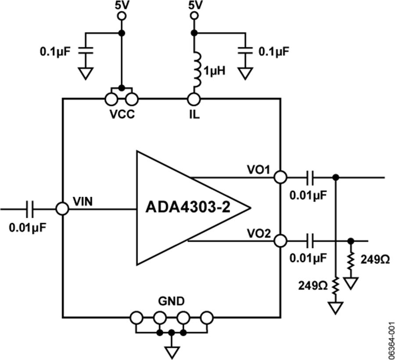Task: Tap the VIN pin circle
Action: [63, 209]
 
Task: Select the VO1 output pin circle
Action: [280, 177]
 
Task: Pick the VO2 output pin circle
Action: [280, 241]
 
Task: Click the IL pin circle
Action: [193, 99]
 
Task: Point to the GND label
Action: [172, 302]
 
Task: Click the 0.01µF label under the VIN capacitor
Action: [27, 228]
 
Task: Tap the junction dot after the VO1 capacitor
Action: [336, 177]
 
